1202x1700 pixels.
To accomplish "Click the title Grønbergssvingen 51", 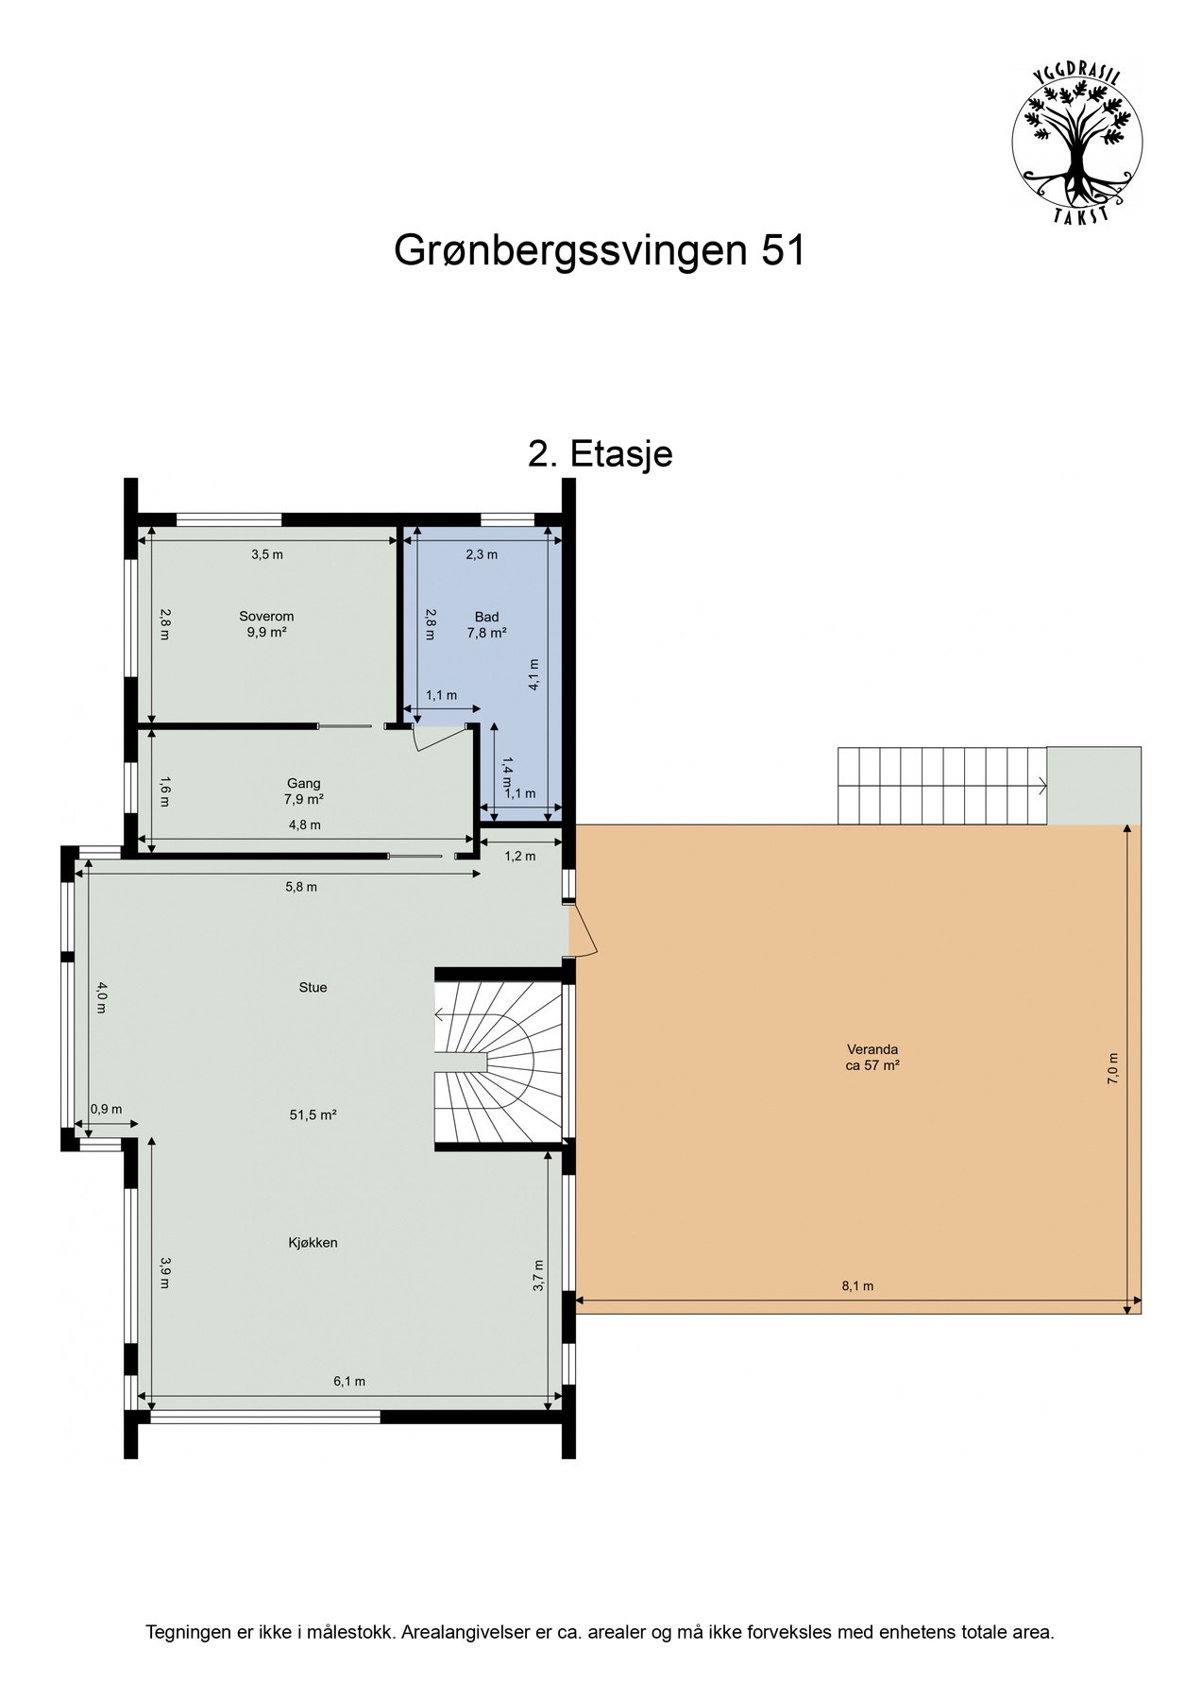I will click(599, 251).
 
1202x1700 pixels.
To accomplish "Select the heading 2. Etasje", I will click(600, 454).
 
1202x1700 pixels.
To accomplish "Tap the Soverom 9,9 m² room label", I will click(266, 624).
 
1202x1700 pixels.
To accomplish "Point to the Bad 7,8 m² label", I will click(486, 624).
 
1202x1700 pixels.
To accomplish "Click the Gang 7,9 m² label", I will click(304, 790).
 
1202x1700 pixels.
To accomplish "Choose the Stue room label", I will click(313, 988).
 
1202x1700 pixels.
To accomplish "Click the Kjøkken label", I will click(313, 1243).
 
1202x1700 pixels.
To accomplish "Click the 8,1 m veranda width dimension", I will click(856, 1286).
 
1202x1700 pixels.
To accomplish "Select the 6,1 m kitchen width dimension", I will click(348, 1382).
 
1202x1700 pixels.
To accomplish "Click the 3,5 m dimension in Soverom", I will click(266, 554).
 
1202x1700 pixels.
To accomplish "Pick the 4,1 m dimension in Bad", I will click(534, 675).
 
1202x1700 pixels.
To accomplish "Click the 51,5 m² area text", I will click(313, 1114).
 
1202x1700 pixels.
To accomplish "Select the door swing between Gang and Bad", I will click(427, 739).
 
